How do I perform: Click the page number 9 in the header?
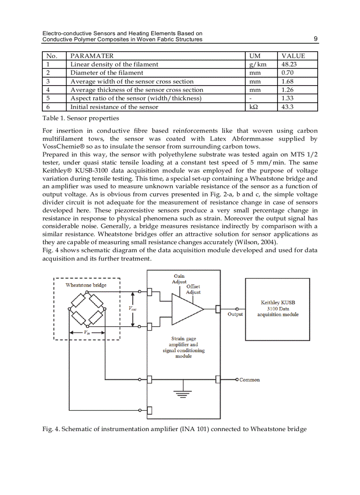(315, 39)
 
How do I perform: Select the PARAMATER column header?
(92, 56)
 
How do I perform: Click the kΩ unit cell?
(253, 107)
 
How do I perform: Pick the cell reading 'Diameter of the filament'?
(107, 73)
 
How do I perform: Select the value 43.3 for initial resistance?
(288, 107)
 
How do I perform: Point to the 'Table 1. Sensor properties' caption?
(80, 118)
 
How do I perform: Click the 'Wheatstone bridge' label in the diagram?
(86, 285)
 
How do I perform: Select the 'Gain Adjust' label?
(179, 279)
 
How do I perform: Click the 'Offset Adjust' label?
(193, 289)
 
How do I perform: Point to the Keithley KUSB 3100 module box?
(277, 309)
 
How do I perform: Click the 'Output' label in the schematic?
(235, 314)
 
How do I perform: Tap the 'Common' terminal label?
(249, 380)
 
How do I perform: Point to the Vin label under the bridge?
(86, 333)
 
